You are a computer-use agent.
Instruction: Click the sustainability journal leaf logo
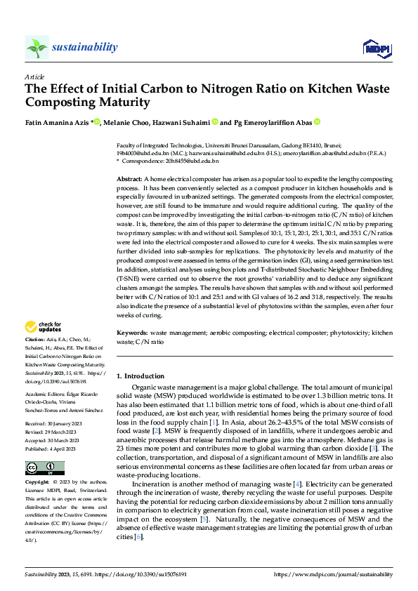point(37,47)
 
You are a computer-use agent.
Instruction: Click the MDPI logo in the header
point(377,47)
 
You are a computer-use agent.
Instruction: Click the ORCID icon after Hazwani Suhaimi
point(215,121)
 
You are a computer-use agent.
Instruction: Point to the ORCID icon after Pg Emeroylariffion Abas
point(317,121)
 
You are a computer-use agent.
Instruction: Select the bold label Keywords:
point(131,331)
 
